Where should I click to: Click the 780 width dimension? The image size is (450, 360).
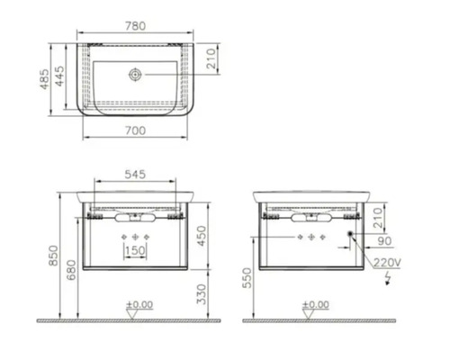[135, 26]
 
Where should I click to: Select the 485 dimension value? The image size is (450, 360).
[44, 79]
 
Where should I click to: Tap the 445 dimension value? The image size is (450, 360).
[60, 76]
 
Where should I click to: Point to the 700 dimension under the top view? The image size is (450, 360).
[135, 130]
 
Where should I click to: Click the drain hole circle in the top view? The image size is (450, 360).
[135, 74]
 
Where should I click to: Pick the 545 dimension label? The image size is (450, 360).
[135, 175]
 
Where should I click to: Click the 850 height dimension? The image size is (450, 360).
[53, 256]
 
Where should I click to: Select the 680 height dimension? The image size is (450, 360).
[71, 270]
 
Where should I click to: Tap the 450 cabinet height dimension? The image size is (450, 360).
[202, 236]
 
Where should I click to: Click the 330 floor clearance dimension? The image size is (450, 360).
[202, 294]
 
